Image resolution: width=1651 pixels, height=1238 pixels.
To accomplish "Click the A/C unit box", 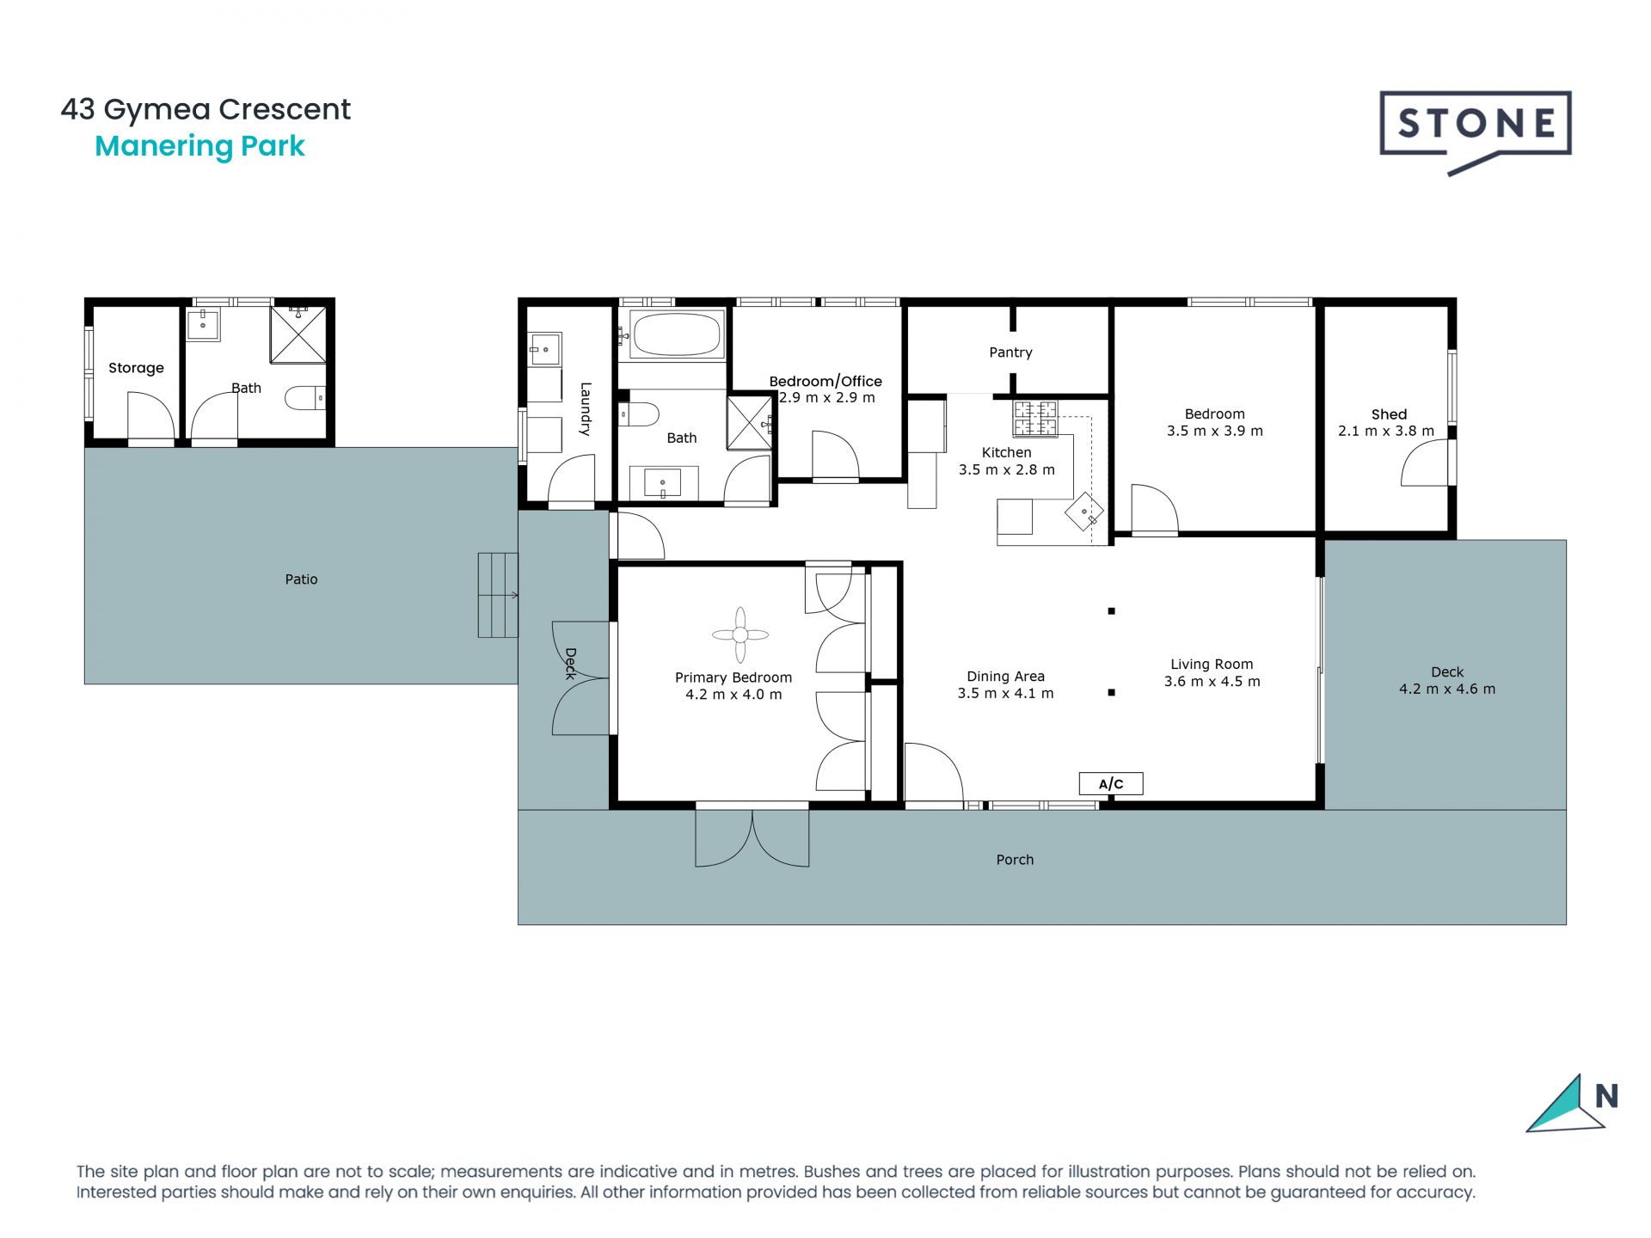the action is (1111, 783).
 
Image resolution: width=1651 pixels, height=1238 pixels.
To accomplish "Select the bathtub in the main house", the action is (676, 334).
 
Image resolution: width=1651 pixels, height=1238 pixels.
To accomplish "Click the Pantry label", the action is (1010, 352).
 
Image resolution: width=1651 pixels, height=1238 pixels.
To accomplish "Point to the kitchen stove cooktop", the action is (1035, 419).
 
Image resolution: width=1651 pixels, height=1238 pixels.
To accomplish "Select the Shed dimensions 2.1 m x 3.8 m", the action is (1386, 431).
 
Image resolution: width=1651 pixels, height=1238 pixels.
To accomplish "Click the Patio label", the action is (301, 579).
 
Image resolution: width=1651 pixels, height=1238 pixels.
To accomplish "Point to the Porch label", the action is (1015, 860).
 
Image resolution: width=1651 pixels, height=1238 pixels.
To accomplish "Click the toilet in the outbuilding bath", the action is (305, 398).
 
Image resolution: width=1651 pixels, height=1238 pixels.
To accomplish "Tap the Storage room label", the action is (136, 368).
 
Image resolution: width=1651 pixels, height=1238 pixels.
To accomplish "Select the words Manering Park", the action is (199, 146).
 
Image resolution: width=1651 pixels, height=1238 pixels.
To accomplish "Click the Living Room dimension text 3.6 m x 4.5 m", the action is (1212, 682).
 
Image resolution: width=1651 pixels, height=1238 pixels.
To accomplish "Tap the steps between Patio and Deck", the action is (498, 595).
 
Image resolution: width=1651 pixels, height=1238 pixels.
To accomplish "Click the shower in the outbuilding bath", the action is (298, 334).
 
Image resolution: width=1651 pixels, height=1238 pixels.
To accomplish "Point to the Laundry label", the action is (586, 408).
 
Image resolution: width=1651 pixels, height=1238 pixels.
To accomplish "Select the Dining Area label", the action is (1005, 677).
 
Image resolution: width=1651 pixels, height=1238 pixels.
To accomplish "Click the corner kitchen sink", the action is (1084, 513).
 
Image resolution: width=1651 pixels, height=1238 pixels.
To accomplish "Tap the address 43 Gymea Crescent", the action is (206, 110).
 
